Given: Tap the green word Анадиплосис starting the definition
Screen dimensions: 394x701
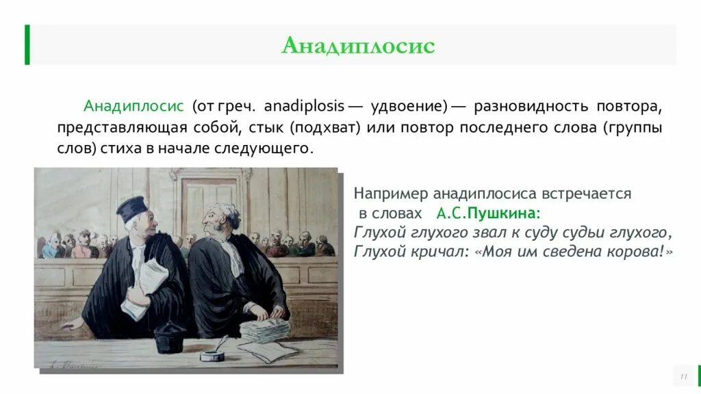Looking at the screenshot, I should point(133,107).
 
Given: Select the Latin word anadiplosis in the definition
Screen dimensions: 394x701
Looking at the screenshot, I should point(304,107).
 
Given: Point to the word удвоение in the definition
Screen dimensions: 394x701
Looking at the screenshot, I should point(408,107).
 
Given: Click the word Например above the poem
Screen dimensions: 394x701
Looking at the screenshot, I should point(386,194).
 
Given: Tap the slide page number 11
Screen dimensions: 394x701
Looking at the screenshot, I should point(683,377).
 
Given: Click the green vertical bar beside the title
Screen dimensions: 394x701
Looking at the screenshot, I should point(27,44).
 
